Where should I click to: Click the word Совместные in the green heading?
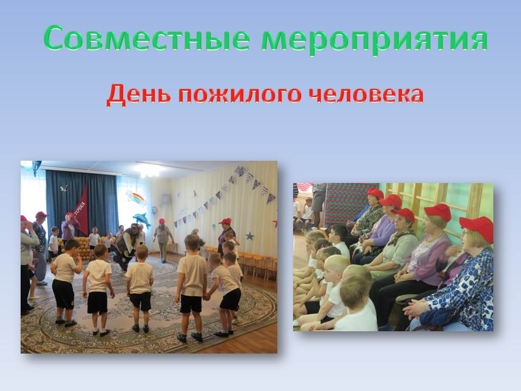click(x=147, y=38)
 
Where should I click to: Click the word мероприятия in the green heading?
click(x=374, y=40)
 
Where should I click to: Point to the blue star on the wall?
click(x=250, y=236)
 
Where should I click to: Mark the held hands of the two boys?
click(x=207, y=295)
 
